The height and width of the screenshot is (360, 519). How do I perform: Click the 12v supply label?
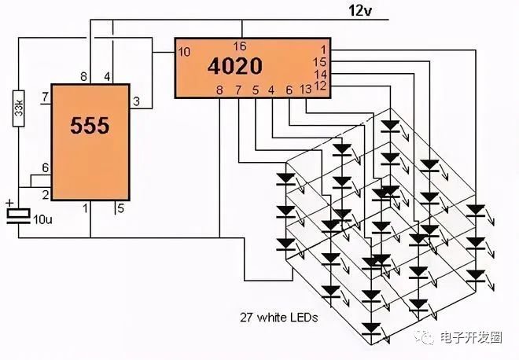pyautogui.click(x=360, y=11)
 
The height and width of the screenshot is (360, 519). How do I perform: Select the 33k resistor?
pyautogui.click(x=19, y=108)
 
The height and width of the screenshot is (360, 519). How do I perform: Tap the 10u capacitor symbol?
pyautogui.click(x=19, y=216)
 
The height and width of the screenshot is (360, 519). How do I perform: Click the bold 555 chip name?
pyautogui.click(x=90, y=126)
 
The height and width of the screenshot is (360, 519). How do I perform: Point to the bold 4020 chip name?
pyautogui.click(x=235, y=66)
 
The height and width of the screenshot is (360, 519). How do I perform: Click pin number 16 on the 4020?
pyautogui.click(x=240, y=46)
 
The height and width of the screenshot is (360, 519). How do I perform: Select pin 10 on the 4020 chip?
pyautogui.click(x=184, y=52)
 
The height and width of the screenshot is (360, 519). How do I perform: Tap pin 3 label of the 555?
pyautogui.click(x=136, y=102)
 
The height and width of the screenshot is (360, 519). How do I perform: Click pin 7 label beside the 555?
pyautogui.click(x=46, y=97)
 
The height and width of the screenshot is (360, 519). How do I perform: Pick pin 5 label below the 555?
pyautogui.click(x=120, y=208)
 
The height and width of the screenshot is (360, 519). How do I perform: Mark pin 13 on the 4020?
pyautogui.click(x=306, y=90)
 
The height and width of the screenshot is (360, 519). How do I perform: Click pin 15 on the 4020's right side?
pyautogui.click(x=320, y=62)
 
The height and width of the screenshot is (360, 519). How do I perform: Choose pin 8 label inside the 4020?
pyautogui.click(x=219, y=90)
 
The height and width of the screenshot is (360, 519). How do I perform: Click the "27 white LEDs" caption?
pyautogui.click(x=278, y=318)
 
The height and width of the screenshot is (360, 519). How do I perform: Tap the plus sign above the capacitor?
pyautogui.click(x=10, y=203)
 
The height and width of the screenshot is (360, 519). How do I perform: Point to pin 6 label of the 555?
pyautogui.click(x=46, y=167)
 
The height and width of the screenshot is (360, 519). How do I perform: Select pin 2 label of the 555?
pyautogui.click(x=46, y=195)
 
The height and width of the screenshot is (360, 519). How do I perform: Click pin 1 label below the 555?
pyautogui.click(x=86, y=208)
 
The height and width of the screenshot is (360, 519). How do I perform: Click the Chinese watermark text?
pyautogui.click(x=471, y=337)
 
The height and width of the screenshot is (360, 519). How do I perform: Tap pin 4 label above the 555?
pyautogui.click(x=107, y=77)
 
